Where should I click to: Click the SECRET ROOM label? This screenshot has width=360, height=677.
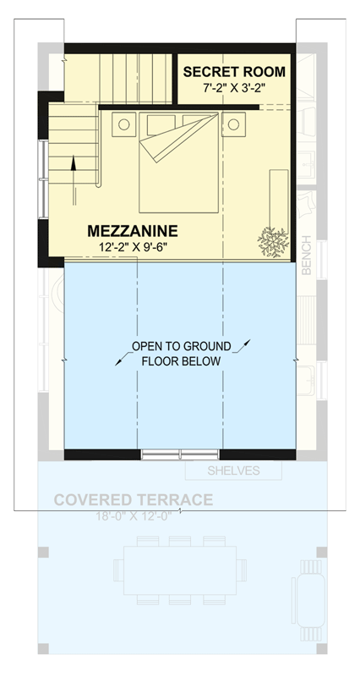coord(234,71)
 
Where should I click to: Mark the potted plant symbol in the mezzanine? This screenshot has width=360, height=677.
coord(272,241)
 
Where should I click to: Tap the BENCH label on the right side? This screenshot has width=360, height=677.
coord(307,255)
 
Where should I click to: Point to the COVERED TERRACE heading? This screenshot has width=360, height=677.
coord(133,500)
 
